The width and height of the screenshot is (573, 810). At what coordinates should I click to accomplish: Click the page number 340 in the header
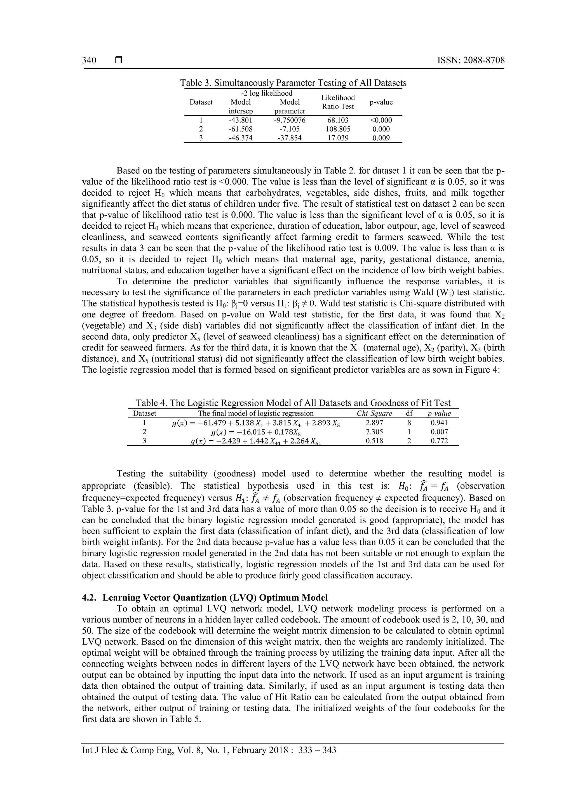point(89,60)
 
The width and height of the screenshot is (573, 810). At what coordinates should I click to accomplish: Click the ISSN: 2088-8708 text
point(471,60)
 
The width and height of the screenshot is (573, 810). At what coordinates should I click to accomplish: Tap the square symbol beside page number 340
point(119,60)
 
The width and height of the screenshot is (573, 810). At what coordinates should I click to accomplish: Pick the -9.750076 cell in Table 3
point(290,120)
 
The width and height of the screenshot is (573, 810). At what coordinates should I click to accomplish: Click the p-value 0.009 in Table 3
point(381,138)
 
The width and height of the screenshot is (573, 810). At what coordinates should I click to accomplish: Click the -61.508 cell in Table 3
point(240,129)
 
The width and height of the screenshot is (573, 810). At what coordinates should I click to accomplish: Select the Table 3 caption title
point(293,83)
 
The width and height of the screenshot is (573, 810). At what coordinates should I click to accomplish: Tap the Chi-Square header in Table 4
point(374,414)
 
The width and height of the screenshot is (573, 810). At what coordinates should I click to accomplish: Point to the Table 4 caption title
point(293,403)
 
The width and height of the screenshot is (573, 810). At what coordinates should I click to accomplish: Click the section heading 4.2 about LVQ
point(205,598)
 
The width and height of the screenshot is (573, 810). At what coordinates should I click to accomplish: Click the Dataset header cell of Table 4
point(144,414)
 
